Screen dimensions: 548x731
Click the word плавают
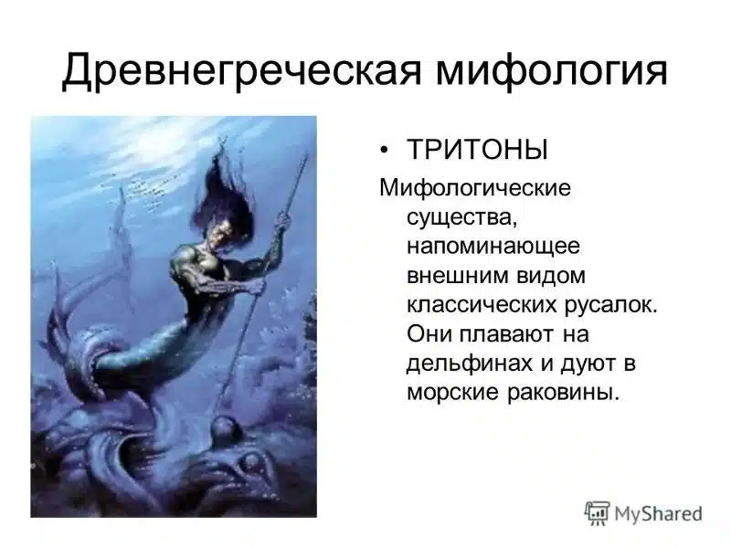tap(503, 334)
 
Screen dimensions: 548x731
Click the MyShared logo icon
tap(597, 512)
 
